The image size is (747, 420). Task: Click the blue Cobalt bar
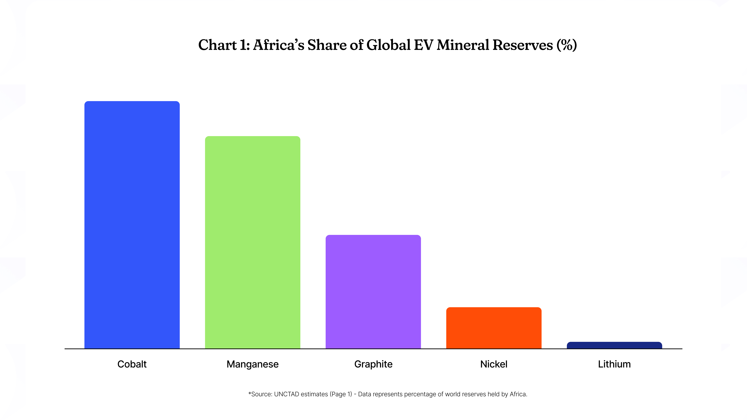132,225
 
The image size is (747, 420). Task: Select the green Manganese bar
253,242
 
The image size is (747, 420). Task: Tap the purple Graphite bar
373,291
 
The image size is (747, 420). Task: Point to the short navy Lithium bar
614,345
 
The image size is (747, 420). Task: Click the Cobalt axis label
132,364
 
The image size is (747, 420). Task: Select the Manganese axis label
253,364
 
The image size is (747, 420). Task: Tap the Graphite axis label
373,364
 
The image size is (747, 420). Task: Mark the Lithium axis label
614,364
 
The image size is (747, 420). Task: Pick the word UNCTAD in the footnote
287,394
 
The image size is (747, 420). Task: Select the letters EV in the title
423,45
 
